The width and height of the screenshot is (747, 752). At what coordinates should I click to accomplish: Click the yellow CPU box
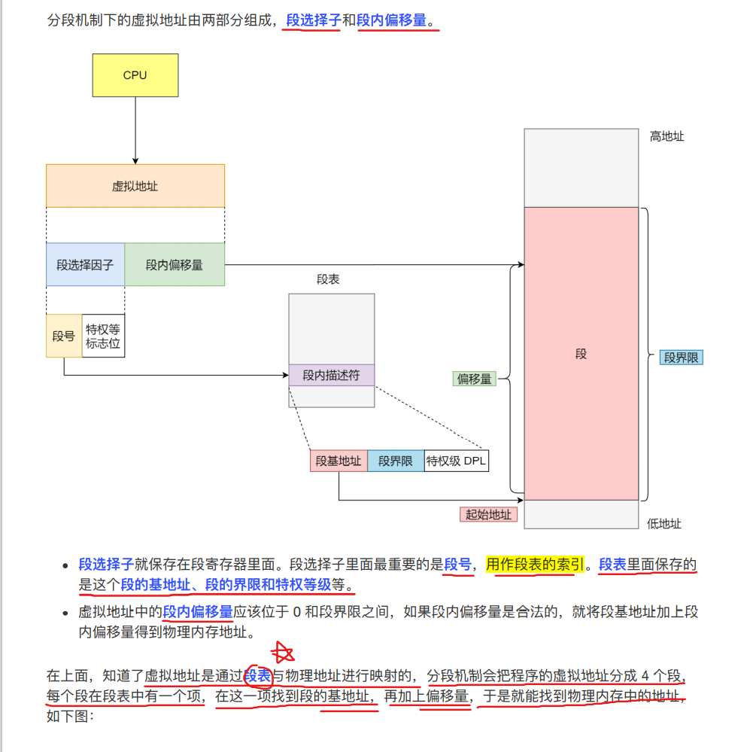point(135,75)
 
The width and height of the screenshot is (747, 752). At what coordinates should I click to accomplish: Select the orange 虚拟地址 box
point(135,186)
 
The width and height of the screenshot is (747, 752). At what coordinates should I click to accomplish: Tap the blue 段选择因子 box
point(85,265)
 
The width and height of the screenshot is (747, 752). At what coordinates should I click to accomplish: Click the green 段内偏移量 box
point(175,265)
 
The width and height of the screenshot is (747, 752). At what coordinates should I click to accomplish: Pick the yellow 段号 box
point(64,336)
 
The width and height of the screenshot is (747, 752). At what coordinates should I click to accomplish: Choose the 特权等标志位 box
point(103,336)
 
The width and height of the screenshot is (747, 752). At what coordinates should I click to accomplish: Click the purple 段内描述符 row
point(331,375)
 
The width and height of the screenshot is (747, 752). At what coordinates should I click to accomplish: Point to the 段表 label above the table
point(328,279)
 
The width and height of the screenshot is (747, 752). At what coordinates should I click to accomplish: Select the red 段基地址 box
point(339,461)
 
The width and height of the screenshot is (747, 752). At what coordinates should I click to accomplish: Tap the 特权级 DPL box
point(456,461)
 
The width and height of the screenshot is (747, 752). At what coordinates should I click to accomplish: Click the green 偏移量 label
point(475,379)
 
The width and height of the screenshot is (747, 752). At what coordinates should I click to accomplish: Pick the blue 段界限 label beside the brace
point(682,358)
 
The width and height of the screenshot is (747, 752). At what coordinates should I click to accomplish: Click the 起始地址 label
point(488,514)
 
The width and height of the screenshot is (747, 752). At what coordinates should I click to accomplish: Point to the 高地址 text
point(667,136)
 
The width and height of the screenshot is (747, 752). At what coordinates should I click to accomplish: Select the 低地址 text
point(664,523)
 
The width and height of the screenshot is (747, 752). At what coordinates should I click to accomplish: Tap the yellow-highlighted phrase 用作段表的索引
point(534,565)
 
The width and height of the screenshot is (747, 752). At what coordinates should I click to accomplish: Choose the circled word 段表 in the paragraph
point(257,675)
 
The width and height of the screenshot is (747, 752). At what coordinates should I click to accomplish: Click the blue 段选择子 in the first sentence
point(314,21)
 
